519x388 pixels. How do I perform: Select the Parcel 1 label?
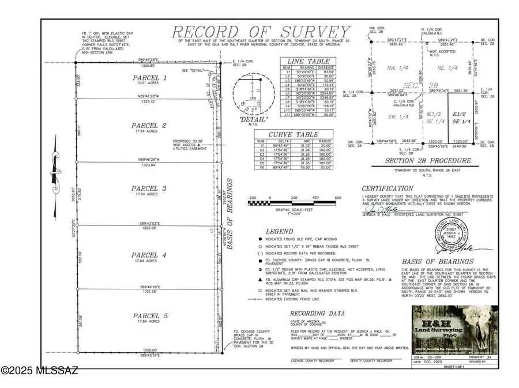pos(149,77)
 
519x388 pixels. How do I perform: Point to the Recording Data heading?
pos(317,314)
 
